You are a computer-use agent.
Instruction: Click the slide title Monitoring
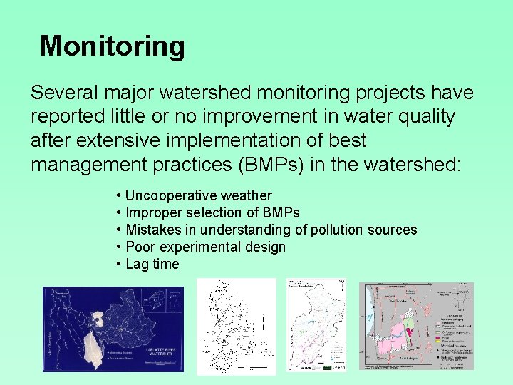113,46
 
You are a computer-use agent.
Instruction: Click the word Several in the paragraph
64,93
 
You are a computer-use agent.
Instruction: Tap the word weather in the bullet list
247,195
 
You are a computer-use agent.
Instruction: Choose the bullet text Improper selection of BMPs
212,212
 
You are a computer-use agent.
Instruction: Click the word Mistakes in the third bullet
152,230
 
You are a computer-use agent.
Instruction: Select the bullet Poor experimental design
205,247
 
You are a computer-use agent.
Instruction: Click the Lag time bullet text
152,264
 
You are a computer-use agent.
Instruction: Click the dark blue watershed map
113,328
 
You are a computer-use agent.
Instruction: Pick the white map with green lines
316,325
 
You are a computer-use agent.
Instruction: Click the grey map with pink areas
416,325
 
